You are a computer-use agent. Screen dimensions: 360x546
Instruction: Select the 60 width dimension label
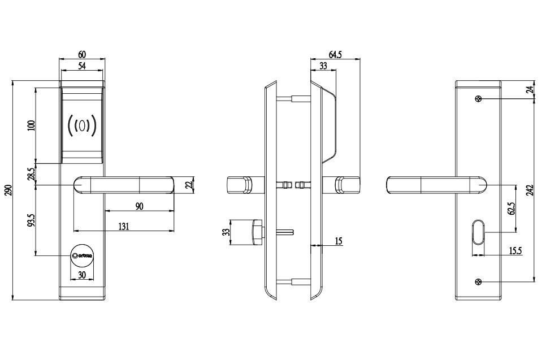82,54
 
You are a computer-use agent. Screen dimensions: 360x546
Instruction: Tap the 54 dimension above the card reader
82,67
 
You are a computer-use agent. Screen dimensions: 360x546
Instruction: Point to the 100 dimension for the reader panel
31,125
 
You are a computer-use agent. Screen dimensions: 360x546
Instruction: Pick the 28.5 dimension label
32,174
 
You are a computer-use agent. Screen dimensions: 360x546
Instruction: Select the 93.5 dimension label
32,220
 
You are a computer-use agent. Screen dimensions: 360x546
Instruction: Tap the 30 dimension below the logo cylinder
82,275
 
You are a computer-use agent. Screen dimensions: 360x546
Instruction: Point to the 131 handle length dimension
124,226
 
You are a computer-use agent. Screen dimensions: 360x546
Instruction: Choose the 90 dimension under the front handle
139,207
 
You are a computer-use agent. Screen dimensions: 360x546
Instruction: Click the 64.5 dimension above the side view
335,54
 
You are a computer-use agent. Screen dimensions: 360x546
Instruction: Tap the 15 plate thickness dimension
339,241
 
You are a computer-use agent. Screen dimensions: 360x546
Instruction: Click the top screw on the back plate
479,99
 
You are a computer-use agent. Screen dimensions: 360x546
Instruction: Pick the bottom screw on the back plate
479,282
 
